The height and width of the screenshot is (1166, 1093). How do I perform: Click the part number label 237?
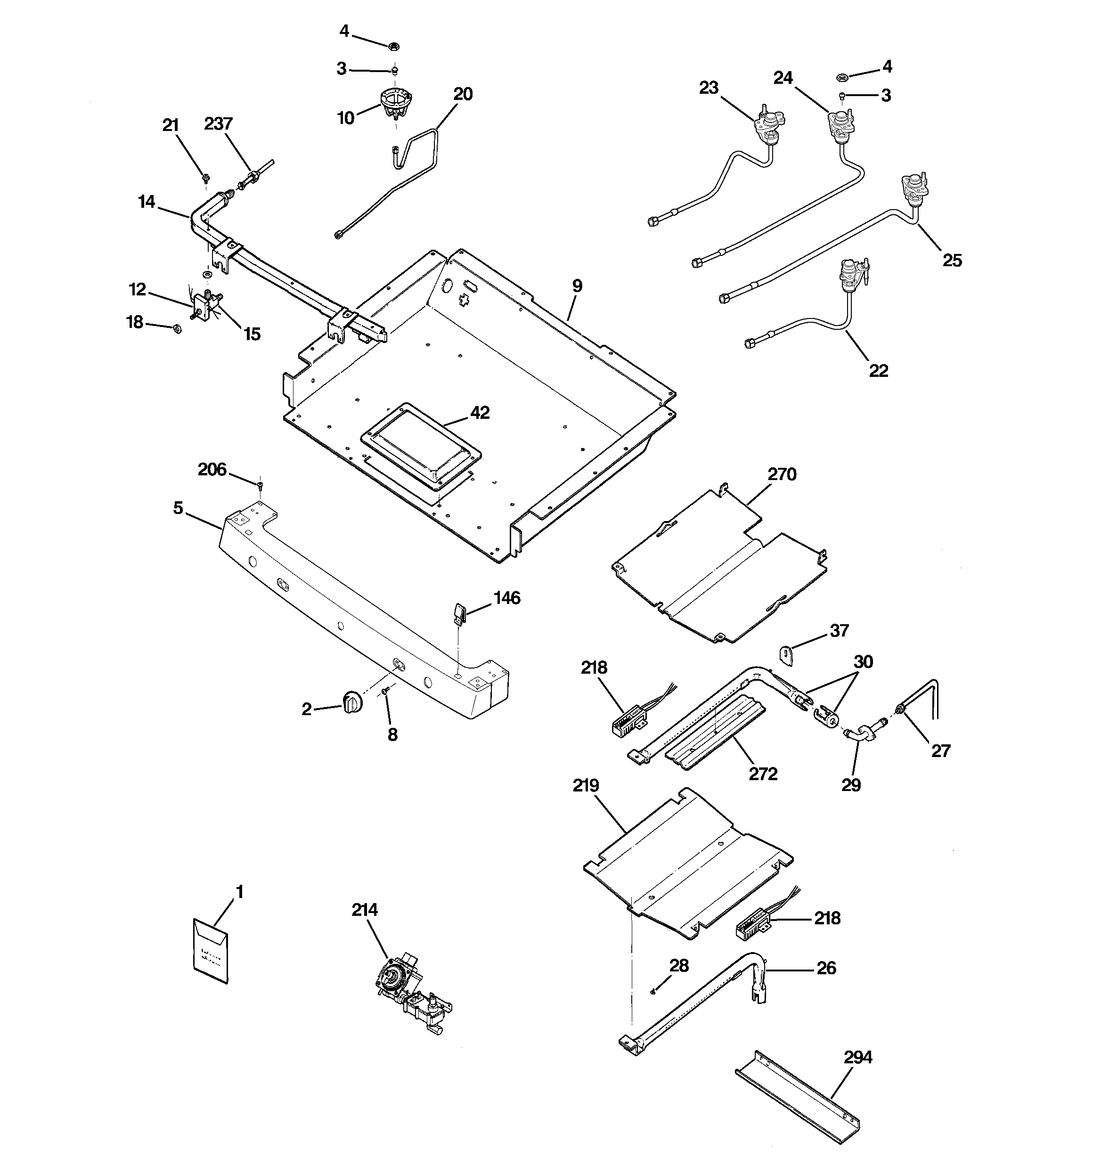tap(218, 124)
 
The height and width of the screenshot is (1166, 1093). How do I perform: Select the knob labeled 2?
tap(352, 701)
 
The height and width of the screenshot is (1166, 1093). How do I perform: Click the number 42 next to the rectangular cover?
tap(480, 412)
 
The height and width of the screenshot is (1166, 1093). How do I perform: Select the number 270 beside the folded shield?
tap(782, 474)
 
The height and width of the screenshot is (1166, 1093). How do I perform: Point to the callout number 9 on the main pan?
tap(577, 286)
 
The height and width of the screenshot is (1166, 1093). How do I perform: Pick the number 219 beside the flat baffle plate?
tap(586, 785)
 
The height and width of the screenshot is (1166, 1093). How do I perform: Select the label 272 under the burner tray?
tap(763, 774)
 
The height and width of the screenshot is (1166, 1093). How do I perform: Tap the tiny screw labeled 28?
tap(653, 991)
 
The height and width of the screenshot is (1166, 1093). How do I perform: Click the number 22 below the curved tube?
tap(878, 370)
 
